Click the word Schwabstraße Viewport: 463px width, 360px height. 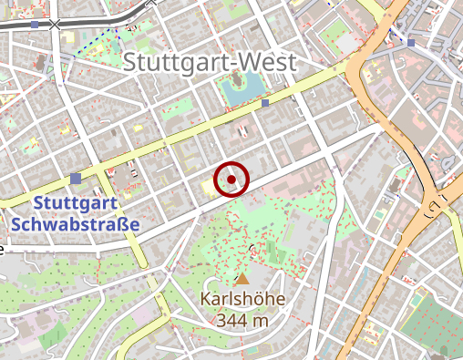coord(77,223)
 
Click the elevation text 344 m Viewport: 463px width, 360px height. coord(242,320)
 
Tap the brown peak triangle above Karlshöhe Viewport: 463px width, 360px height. coord(242,278)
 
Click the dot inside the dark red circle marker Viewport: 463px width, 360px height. coord(231,180)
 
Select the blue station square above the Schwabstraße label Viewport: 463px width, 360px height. coord(76,179)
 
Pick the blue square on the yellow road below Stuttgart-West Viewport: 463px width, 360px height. coord(265,104)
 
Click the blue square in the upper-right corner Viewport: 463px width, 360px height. coord(411,42)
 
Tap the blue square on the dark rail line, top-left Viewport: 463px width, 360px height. coord(35,25)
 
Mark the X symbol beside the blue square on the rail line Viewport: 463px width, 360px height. coord(56,25)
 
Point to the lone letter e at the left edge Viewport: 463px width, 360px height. coord(3,249)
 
